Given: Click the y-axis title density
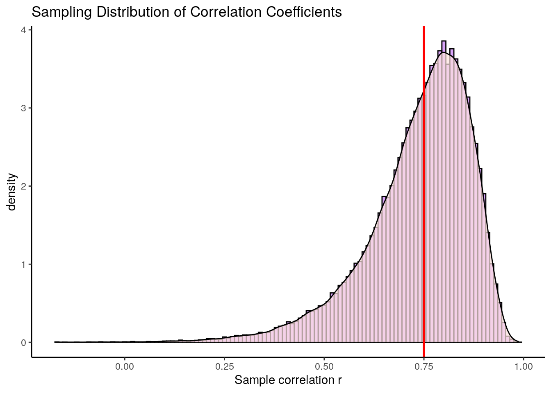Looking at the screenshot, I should pos(12,192).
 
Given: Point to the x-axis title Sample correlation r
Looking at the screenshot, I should pos(288,380).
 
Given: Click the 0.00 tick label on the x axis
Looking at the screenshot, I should pos(125,367).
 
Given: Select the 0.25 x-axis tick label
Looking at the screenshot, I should pos(224,367).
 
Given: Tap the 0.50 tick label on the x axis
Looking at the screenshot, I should pos(324,367).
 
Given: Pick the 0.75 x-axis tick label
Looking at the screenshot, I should pos(424,367).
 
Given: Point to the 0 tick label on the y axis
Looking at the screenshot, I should pos(23,342).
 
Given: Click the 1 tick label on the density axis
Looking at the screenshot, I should pos(23,264).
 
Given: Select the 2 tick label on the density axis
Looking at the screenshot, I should pos(23,186).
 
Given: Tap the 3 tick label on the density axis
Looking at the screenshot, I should pos(23,108).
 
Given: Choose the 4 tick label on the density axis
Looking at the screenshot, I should pos(23,30).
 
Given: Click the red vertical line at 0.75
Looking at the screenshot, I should pos(424,205).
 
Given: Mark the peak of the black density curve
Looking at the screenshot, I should pos(444,52).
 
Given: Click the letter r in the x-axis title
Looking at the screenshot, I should pos(340,381).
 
